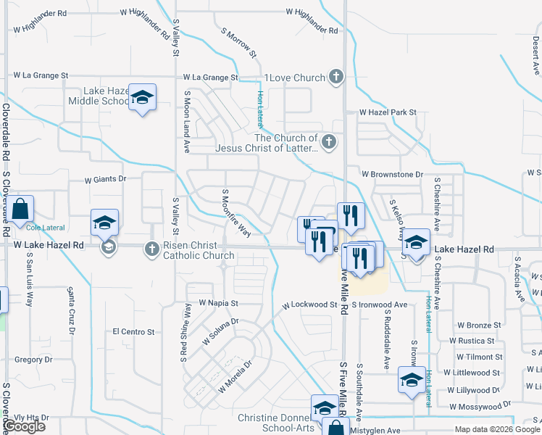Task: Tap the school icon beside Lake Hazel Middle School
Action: click(143, 99)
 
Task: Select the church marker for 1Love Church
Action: click(335, 76)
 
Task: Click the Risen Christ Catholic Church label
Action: click(199, 250)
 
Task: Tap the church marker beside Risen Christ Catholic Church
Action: click(151, 249)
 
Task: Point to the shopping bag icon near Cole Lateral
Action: click(21, 210)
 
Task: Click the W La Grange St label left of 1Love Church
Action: click(210, 77)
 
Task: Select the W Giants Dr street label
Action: click(106, 178)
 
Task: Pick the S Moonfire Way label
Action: click(236, 212)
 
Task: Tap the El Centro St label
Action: click(134, 331)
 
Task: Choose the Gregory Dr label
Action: click(33, 359)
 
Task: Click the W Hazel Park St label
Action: click(390, 112)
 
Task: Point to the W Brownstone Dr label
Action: click(391, 174)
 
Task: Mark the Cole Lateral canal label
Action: click(46, 227)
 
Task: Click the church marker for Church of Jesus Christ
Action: click(329, 142)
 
